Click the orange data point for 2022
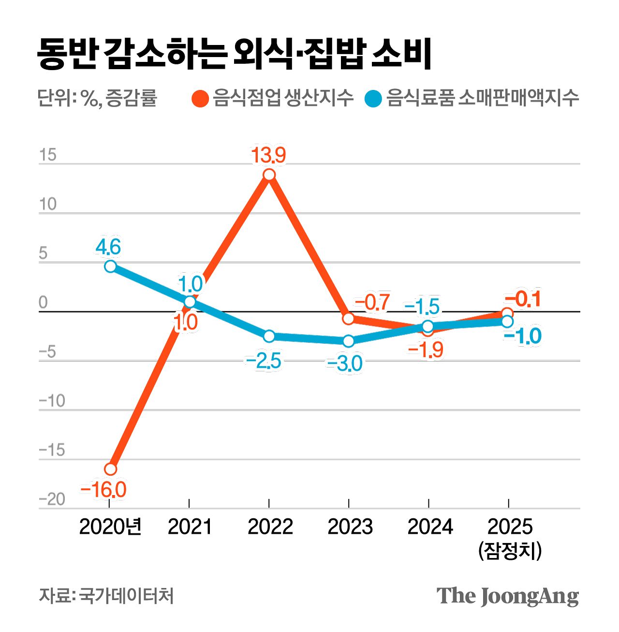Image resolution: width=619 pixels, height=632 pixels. tap(269, 175)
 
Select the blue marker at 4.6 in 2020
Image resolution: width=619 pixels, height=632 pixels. tap(110, 266)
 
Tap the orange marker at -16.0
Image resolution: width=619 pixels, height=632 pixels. tap(110, 469)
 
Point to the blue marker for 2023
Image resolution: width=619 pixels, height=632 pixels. tap(348, 341)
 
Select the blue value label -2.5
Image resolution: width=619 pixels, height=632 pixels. tap(264, 361)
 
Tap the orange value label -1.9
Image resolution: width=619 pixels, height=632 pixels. tap(426, 349)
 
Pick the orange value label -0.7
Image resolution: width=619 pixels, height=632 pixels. tap(372, 303)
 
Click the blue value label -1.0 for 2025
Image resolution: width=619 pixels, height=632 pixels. tap(522, 336)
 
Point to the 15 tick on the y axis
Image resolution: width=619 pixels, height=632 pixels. tap(48, 155)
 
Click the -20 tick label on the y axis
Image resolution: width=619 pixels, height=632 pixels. tap(52, 499)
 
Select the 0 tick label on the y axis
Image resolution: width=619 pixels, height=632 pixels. tap(44, 303)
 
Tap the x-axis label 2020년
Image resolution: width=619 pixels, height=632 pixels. tap(110, 527)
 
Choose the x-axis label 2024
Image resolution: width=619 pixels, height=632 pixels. tap(430, 527)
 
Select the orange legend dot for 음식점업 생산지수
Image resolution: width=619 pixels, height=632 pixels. tap(200, 99)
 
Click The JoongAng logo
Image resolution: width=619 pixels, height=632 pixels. tap(507, 596)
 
